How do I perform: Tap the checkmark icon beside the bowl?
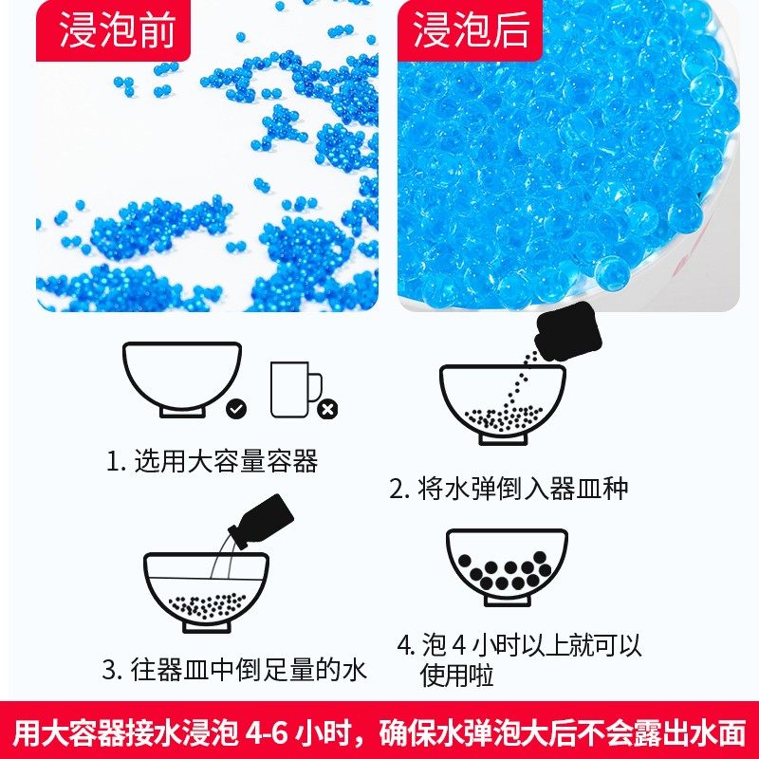[236, 408]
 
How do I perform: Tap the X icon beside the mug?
[327, 409]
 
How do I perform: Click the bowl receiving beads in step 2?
[502, 403]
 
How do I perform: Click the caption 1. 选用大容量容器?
[212, 462]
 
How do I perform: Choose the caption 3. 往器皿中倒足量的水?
[234, 670]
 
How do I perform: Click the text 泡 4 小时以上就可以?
[520, 646]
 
